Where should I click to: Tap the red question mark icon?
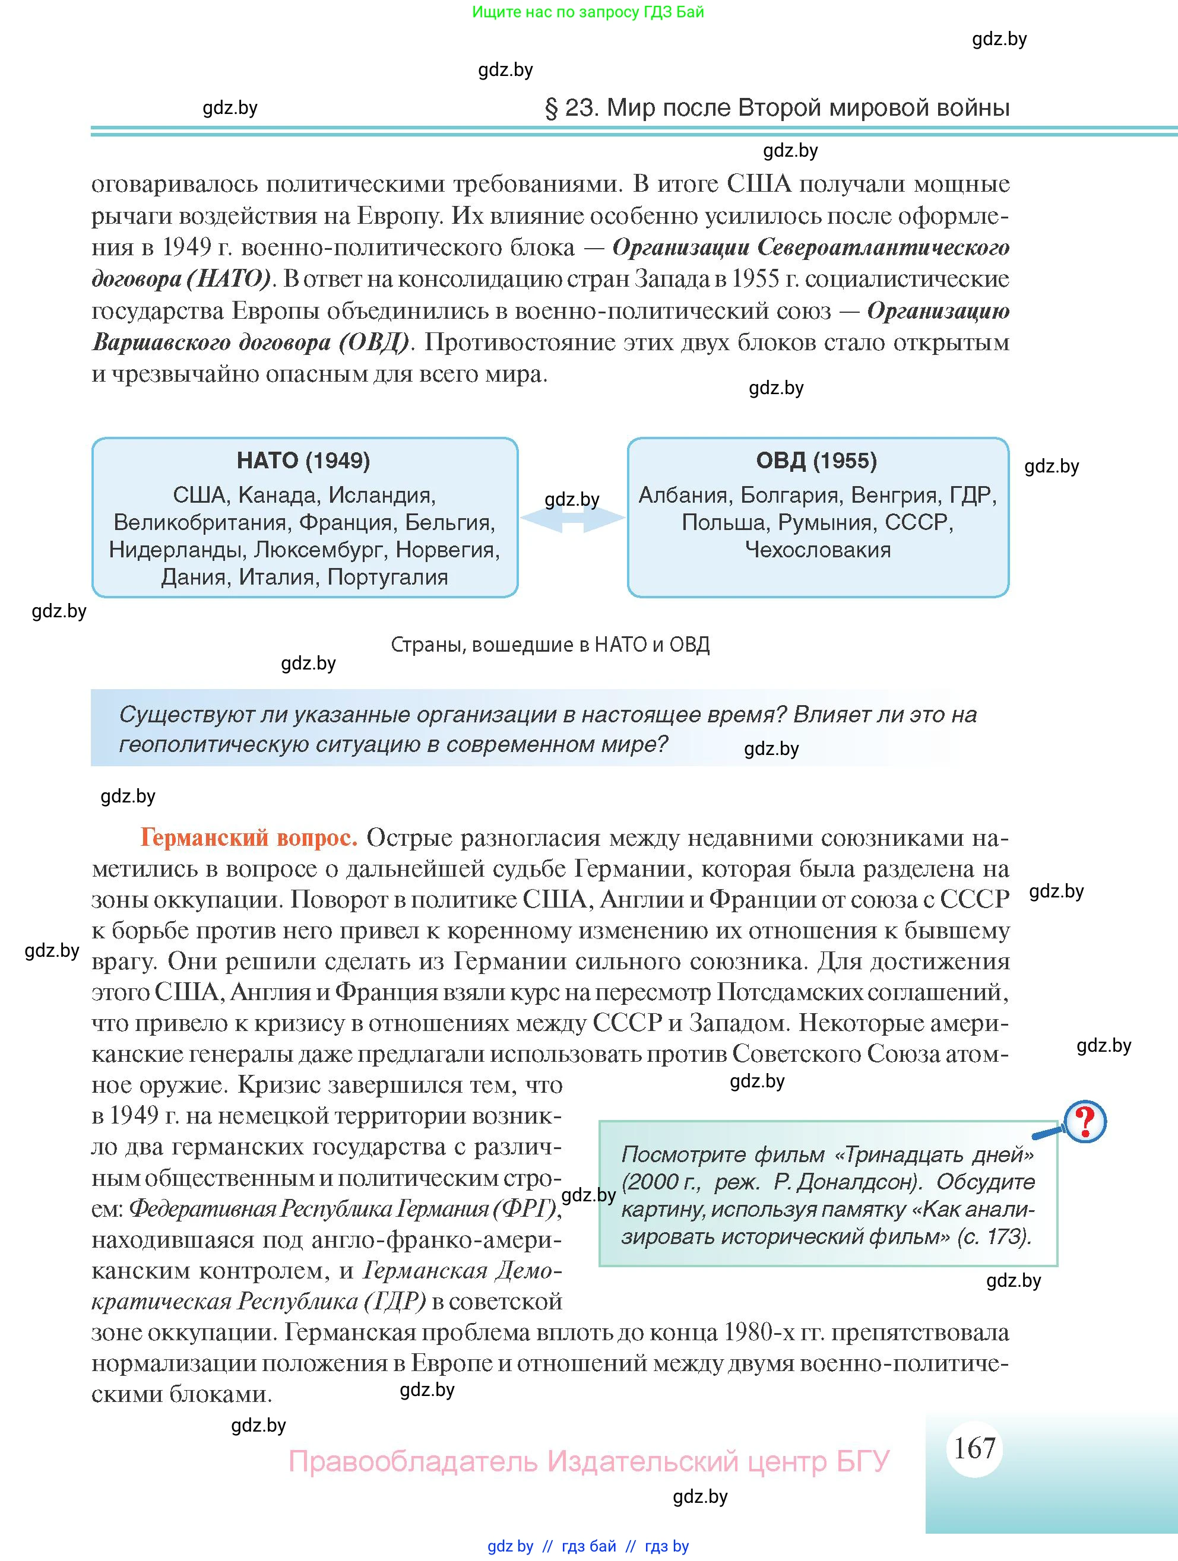[x=1085, y=1121]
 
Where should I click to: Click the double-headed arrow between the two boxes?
[x=572, y=519]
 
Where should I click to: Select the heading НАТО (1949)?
[x=303, y=461]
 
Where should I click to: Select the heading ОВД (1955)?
[x=816, y=461]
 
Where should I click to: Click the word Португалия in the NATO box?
[x=388, y=578]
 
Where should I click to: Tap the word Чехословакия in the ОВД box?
[x=818, y=550]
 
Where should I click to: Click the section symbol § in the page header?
[x=551, y=108]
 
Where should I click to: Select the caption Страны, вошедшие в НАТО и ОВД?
[x=550, y=645]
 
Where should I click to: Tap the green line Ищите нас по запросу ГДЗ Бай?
[x=588, y=12]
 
